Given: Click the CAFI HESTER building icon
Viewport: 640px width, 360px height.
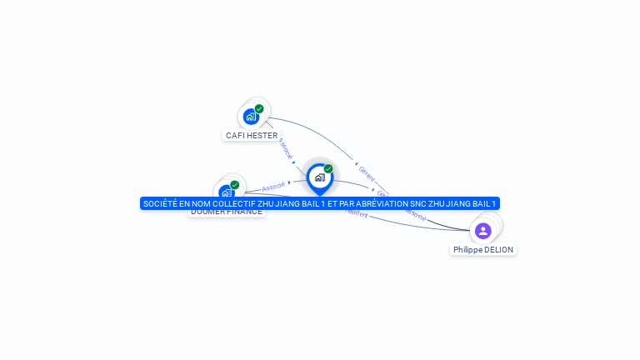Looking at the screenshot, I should pos(251,117).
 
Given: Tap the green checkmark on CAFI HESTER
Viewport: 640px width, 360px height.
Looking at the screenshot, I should pos(259,109).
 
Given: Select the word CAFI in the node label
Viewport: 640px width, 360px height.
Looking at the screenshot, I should pos(235,135).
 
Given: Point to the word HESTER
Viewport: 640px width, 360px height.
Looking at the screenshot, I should pos(262,135).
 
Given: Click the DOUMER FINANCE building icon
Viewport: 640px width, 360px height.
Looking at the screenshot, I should pos(226,192).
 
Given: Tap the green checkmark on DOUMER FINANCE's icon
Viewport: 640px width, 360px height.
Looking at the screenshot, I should pos(235,185).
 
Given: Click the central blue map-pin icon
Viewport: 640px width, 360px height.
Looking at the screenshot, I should pos(319,177).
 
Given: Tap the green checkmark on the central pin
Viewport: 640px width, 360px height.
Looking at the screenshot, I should pos(328,169).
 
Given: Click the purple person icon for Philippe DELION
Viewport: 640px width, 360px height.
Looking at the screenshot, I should pos(482,230).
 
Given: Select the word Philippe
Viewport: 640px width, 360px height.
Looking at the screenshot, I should pos(467,249).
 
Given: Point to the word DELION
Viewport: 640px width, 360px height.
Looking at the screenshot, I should pos(498,249).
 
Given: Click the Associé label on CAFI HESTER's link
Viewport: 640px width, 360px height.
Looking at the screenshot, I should pos(285,147).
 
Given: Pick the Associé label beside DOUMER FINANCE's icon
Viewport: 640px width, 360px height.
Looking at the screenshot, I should pos(273,186).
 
